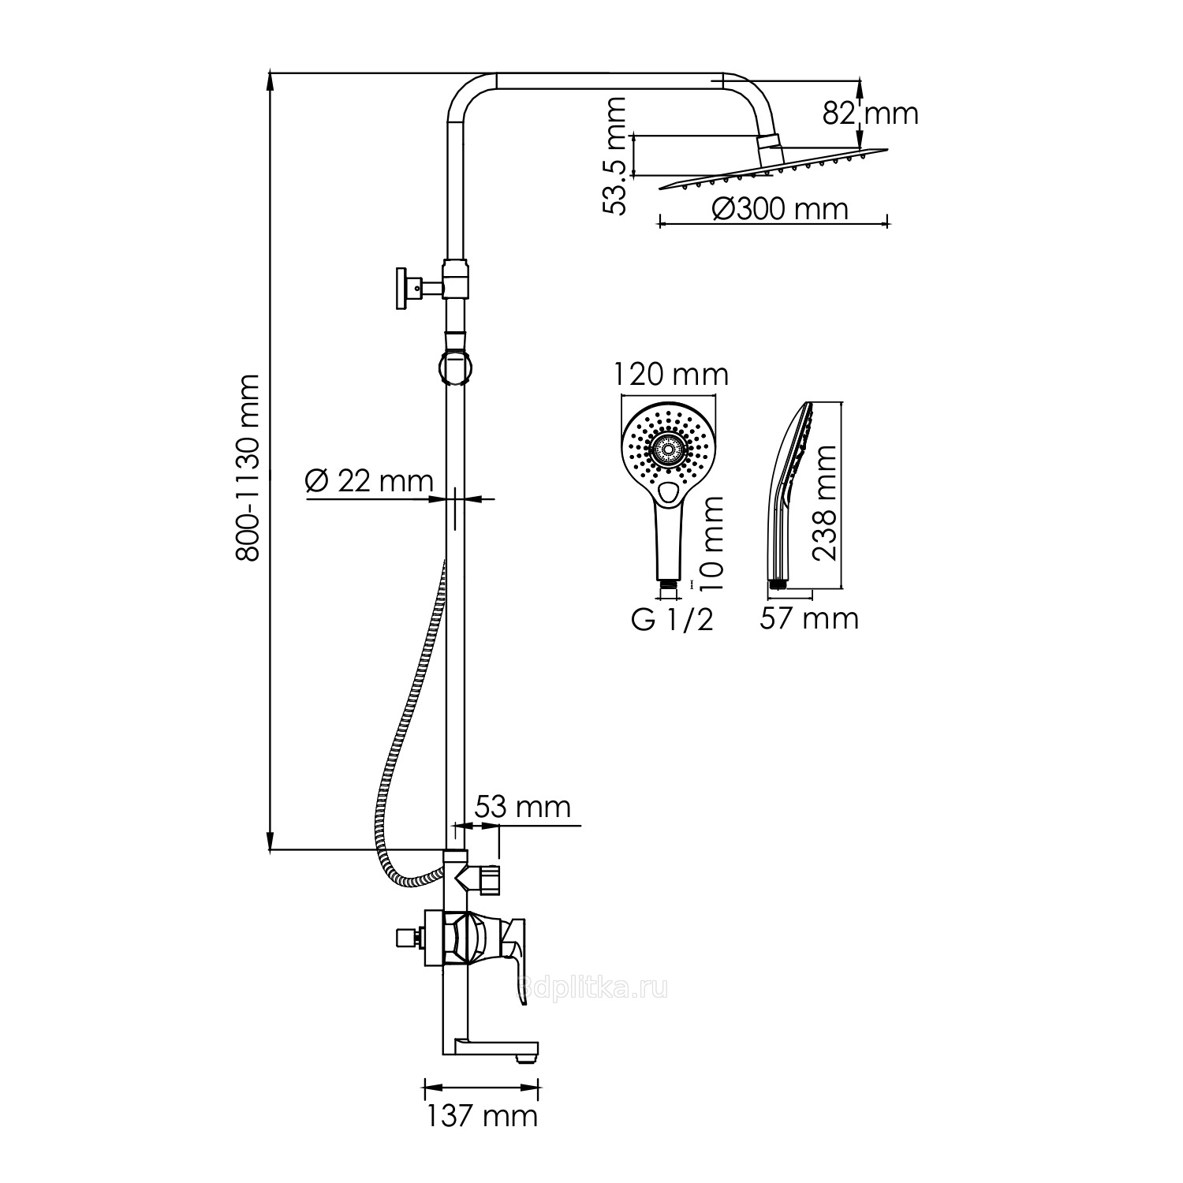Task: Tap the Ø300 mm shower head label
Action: pyautogui.click(x=779, y=209)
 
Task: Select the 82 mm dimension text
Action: pyautogui.click(x=871, y=114)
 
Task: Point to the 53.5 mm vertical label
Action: pyautogui.click(x=614, y=155)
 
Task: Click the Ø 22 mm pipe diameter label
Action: pyautogui.click(x=369, y=481)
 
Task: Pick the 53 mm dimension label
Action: pyautogui.click(x=522, y=807)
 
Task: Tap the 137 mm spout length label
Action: pyautogui.click(x=482, y=1115)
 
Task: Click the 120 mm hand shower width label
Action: pyautogui.click(x=671, y=375)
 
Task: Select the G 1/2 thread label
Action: pyautogui.click(x=672, y=620)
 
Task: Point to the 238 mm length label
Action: pyautogui.click(x=825, y=502)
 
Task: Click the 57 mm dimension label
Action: pyautogui.click(x=808, y=618)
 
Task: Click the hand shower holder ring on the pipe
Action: pyautogui.click(x=456, y=368)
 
